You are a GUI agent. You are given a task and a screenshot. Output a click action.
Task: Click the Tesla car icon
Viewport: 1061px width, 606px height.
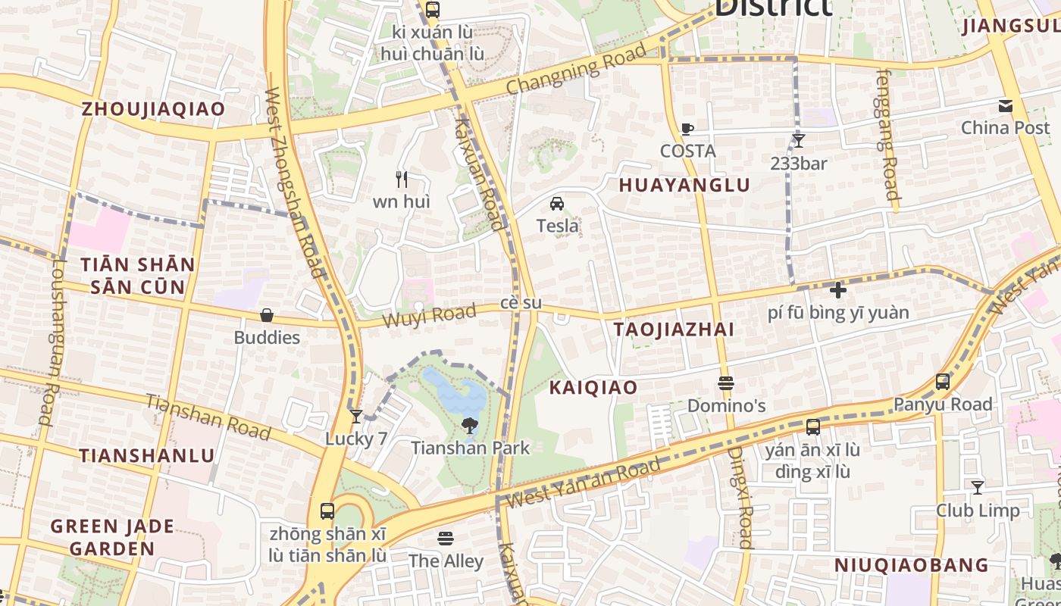point(557,204)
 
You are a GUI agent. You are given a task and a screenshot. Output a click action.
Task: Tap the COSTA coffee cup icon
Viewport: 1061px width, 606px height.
point(687,130)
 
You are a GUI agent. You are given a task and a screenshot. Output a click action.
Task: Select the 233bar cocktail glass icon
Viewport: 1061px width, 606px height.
point(798,140)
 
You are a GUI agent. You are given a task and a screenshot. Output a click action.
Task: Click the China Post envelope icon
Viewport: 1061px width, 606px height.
point(1005,106)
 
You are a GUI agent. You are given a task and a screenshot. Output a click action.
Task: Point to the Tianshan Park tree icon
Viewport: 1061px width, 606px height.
point(470,425)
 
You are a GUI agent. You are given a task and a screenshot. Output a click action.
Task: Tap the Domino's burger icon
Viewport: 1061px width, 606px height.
point(726,383)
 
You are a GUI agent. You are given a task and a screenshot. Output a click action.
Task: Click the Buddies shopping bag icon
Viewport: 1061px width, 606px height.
point(267,315)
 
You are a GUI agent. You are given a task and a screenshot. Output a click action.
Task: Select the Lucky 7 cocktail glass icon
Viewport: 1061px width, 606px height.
point(356,417)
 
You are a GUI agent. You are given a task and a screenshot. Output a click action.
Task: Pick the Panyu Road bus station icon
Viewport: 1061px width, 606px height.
point(942,382)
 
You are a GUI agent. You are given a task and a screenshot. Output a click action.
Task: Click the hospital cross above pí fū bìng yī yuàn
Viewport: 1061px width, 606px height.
point(837,290)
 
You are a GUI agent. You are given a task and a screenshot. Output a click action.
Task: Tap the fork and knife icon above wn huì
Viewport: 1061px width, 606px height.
point(402,180)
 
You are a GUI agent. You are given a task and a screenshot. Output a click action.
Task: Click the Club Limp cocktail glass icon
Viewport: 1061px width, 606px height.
point(978,488)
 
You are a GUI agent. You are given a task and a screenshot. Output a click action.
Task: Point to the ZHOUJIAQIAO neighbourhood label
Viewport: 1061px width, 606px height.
point(153,109)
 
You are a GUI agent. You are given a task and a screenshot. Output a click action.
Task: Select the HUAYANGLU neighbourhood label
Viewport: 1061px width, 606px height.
point(684,186)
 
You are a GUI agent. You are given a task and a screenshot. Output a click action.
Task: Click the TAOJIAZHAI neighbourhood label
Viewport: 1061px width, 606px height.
point(674,330)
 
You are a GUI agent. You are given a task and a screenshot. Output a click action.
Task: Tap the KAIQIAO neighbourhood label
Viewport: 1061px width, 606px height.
point(593,388)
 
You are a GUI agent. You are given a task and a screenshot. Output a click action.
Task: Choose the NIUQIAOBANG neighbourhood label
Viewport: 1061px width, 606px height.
point(912,566)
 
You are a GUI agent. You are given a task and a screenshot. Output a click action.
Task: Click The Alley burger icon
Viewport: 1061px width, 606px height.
point(446,539)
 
